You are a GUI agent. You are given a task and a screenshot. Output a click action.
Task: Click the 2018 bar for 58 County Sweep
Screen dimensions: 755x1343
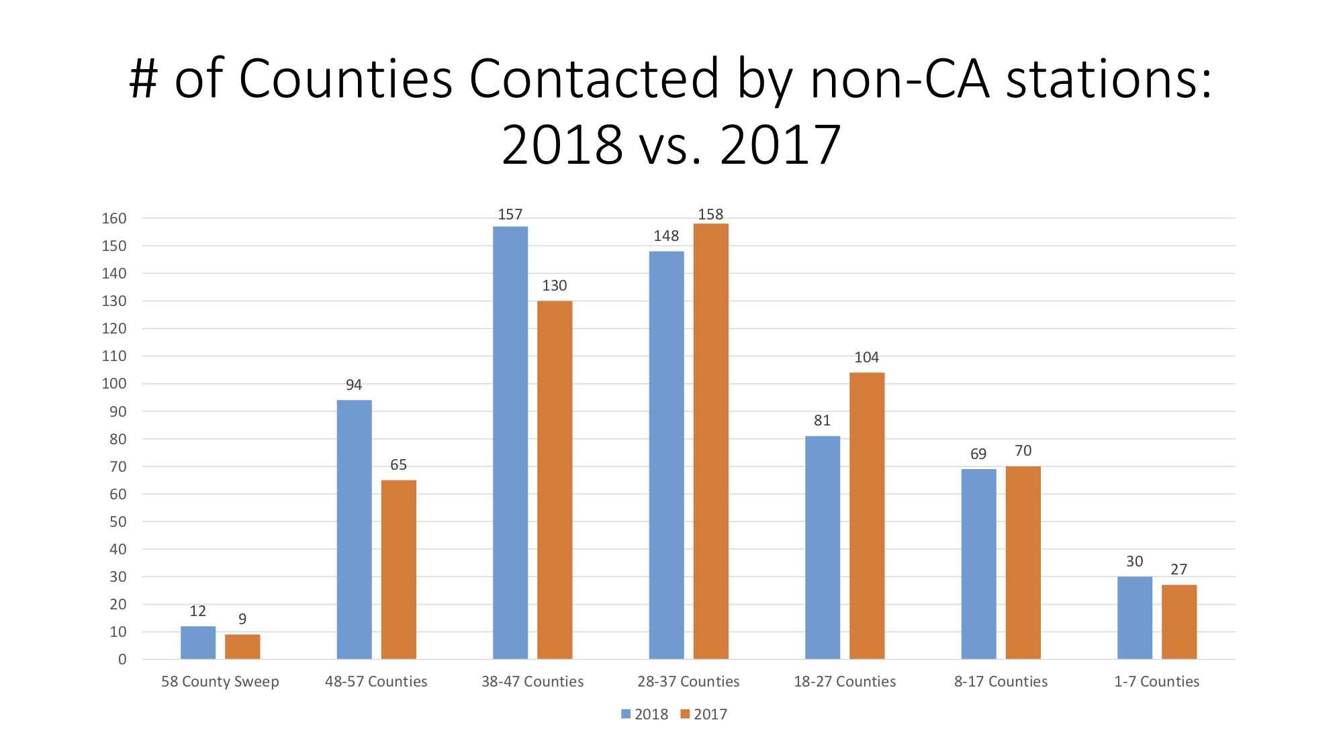(198, 642)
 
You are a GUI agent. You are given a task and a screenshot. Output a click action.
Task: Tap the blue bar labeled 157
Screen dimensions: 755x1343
(510, 443)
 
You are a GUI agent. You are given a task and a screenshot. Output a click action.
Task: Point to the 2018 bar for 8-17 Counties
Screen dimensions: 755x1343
(978, 564)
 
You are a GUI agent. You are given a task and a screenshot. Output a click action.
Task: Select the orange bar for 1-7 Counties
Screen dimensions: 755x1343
(1178, 621)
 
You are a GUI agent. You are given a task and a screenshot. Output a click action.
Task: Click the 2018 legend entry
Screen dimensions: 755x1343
(644, 714)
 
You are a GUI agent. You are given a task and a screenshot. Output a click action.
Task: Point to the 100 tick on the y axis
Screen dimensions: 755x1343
(114, 384)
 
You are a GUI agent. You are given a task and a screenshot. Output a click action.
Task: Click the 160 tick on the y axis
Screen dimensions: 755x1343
(114, 218)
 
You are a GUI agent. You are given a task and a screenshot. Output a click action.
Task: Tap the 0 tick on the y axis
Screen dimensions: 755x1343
(122, 659)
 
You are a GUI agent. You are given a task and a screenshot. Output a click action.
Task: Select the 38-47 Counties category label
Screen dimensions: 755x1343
(532, 682)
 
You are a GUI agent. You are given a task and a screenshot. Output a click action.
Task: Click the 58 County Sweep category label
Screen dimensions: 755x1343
(220, 682)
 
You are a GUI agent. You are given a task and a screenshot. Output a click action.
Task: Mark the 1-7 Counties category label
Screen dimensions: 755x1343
(1156, 682)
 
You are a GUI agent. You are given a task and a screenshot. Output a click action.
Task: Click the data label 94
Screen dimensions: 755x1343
(354, 385)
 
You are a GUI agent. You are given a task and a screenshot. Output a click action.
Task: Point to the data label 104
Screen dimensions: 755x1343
(866, 358)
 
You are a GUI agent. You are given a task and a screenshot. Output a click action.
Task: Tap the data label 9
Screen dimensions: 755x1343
(242, 619)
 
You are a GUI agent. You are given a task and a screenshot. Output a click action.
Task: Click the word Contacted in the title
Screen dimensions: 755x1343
(594, 79)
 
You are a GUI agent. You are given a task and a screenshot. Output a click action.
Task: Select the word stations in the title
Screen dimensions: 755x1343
(1108, 79)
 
